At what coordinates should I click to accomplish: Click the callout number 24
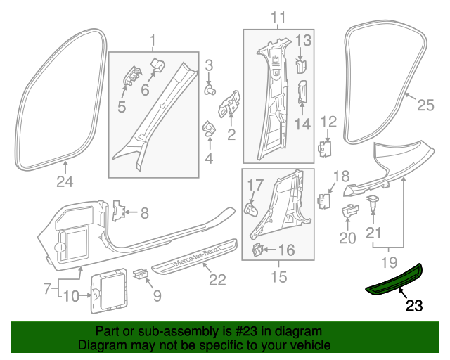point(65,184)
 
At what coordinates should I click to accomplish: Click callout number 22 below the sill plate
point(217,280)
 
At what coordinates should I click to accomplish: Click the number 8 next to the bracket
point(144,212)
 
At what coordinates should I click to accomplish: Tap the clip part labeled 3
point(210,90)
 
